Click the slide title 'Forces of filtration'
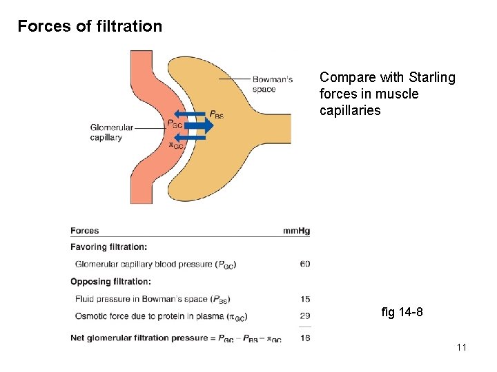90,27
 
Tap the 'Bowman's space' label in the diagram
272,84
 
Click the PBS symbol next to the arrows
216,115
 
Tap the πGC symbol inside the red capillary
176,145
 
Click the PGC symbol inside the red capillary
175,125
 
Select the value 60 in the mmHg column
304,264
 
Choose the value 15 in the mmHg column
304,299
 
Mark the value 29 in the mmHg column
304,316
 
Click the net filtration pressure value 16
304,338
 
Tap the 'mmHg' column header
296,231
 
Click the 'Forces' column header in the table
85,231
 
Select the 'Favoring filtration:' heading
108,247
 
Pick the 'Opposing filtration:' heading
110,281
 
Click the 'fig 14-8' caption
402,313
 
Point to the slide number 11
461,347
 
